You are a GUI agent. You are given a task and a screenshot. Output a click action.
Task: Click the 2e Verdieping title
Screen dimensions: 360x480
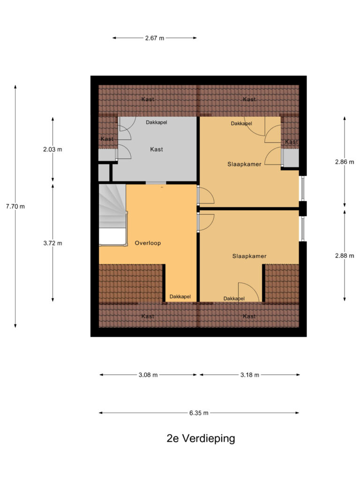pos(201,438)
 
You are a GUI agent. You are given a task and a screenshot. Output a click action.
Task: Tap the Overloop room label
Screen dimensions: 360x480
pos(148,243)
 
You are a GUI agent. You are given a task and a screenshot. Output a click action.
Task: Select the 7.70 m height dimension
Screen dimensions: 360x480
pos(15,206)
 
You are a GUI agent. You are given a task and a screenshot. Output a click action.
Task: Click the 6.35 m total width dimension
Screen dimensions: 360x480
pos(199,413)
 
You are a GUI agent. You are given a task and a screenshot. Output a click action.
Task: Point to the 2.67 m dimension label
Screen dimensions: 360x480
pos(155,38)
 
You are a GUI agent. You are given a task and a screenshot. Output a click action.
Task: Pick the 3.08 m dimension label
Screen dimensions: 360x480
pos(148,375)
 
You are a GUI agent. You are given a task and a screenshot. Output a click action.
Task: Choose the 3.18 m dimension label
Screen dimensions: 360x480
pos(250,375)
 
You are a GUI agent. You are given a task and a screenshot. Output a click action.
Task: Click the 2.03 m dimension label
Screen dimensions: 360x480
pos(52,150)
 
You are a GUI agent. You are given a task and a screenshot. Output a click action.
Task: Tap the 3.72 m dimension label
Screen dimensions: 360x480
pos(52,243)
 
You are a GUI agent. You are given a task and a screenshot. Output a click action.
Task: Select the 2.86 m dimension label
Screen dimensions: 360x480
pos(345,162)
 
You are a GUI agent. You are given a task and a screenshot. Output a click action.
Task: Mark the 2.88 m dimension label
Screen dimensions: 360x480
pos(345,255)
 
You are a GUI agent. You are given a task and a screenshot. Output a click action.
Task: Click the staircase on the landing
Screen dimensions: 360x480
pos(112,214)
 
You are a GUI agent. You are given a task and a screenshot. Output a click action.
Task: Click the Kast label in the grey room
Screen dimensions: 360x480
pos(157,150)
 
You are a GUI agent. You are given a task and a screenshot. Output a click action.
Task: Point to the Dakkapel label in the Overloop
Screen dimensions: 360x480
pos(180,296)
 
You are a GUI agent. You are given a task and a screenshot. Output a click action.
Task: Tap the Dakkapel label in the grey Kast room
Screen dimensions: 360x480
pos(157,122)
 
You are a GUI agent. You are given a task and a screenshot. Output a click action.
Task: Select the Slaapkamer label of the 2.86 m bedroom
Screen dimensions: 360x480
pos(244,164)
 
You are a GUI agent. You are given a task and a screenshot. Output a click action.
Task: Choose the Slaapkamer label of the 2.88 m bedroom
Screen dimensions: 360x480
pos(249,256)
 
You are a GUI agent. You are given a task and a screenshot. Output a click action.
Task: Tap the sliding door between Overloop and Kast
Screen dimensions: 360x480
pos(156,183)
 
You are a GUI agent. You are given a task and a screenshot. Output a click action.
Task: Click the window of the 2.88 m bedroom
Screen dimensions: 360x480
pos(302,229)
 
